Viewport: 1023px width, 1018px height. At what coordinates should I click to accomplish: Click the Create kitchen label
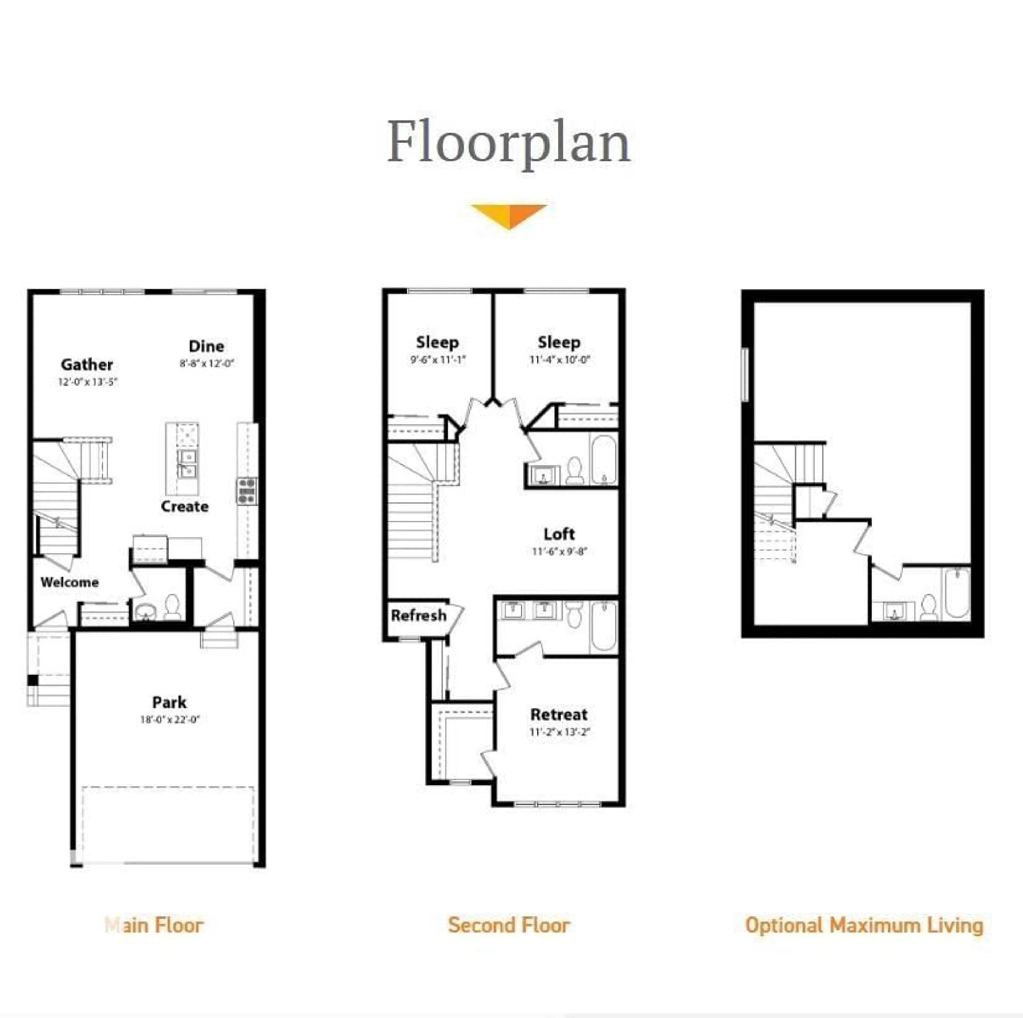(x=184, y=506)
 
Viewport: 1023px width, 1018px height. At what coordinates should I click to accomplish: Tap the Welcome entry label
(x=69, y=582)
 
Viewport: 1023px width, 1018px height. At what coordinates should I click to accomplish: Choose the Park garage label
(x=169, y=702)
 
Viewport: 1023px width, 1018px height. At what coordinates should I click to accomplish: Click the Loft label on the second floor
(x=559, y=534)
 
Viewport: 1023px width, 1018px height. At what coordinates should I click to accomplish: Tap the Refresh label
(x=418, y=615)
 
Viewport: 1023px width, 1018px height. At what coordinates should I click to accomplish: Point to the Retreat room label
(x=559, y=715)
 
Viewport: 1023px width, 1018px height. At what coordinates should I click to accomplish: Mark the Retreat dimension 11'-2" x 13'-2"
(x=559, y=732)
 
